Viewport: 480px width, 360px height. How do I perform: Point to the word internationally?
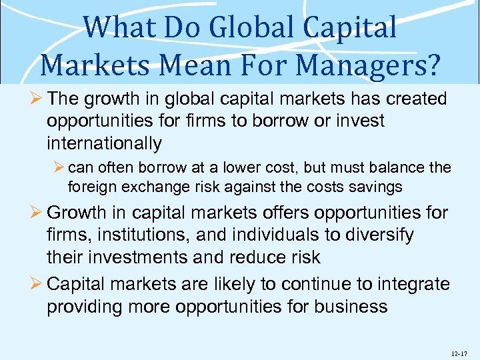pyautogui.click(x=105, y=143)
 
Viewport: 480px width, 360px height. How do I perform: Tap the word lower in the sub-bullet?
pyautogui.click(x=262, y=167)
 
